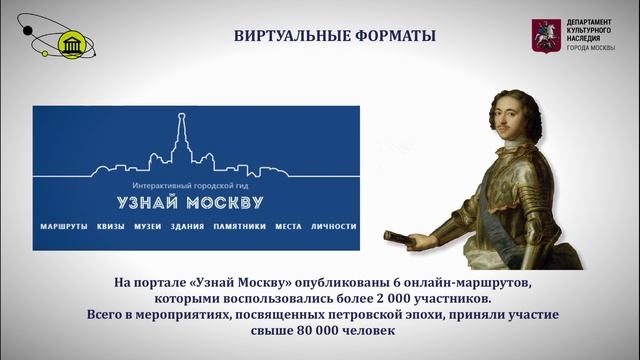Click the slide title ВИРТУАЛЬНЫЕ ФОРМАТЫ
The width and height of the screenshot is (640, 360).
(320, 37)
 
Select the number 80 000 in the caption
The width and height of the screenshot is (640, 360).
(300, 332)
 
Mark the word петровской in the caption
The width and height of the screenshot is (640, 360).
(391, 316)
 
